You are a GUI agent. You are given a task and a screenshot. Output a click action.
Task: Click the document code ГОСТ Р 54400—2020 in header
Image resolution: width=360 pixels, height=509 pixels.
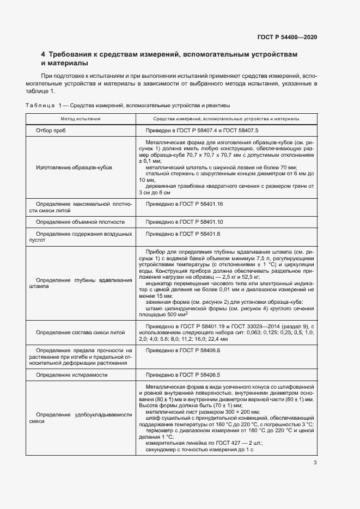click(287, 37)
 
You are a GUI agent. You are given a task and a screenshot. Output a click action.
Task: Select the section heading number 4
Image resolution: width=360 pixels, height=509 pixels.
click(44, 54)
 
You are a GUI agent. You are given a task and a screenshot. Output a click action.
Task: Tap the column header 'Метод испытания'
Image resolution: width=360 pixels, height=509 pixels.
click(80, 118)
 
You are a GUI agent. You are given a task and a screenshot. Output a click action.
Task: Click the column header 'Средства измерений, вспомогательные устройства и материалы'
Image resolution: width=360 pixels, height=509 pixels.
click(226, 118)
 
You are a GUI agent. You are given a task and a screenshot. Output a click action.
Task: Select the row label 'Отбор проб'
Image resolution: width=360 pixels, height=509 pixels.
click(51, 131)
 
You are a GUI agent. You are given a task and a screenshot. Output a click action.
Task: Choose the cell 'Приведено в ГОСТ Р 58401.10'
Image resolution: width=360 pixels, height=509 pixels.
click(185, 222)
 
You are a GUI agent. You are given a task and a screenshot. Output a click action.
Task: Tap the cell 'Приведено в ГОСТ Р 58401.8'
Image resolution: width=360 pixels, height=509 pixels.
click(183, 234)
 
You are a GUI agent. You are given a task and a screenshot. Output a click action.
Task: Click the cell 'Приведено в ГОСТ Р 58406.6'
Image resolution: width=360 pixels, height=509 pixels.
click(183, 351)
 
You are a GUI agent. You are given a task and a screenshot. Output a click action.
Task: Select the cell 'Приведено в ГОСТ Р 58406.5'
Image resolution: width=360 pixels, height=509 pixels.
click(183, 375)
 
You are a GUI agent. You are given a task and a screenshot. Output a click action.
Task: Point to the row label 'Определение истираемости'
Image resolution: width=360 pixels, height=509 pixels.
click(71, 375)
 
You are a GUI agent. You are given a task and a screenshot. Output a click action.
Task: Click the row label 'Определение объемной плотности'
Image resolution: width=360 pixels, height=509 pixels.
click(80, 222)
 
